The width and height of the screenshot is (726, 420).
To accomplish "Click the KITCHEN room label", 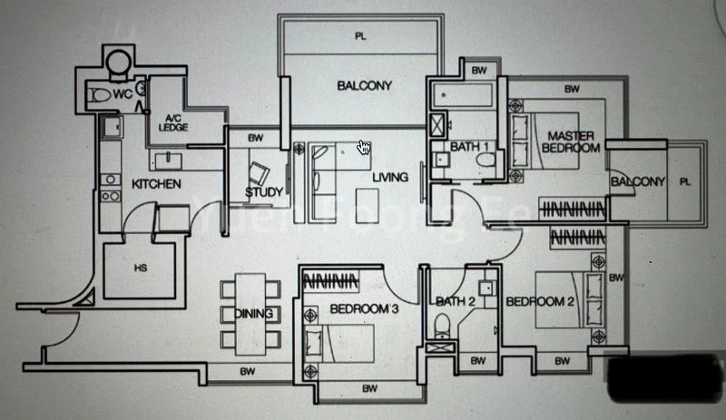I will (156, 184).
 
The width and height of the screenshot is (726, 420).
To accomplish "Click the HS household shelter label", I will (141, 269).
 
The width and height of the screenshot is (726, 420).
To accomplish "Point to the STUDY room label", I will (263, 191).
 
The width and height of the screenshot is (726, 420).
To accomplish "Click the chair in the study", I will (260, 171).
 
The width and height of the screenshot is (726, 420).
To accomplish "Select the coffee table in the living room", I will (368, 200).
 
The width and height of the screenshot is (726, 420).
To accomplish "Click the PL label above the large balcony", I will (359, 37).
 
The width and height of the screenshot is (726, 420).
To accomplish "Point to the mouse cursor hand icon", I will (364, 147).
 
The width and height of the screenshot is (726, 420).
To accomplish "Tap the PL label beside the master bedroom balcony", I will (685, 181).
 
